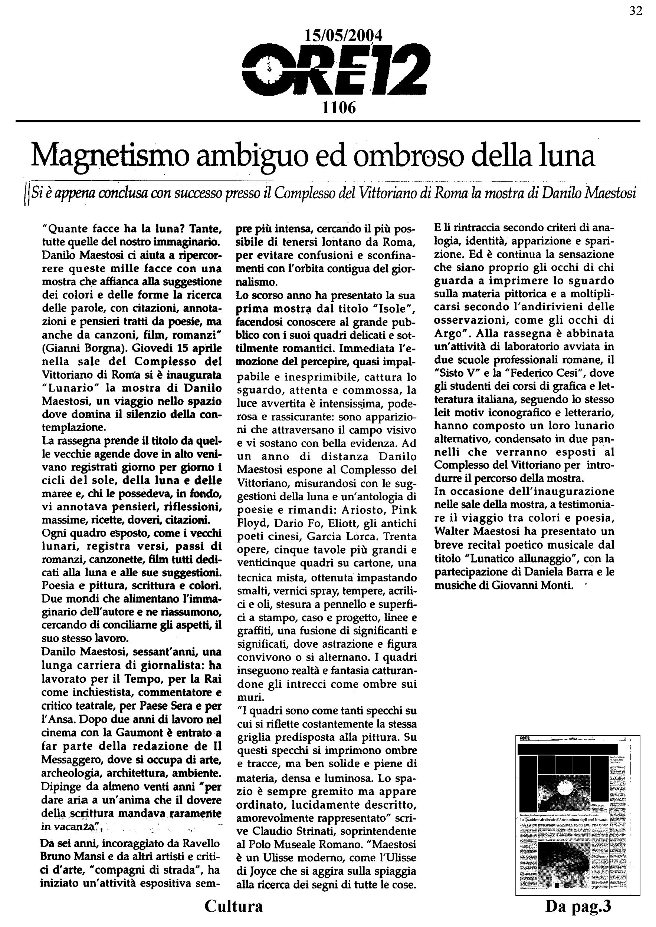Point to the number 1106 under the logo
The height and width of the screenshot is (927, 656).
(338, 108)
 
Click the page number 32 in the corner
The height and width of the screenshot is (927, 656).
(636, 11)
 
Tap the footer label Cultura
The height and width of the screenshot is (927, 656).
(233, 906)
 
